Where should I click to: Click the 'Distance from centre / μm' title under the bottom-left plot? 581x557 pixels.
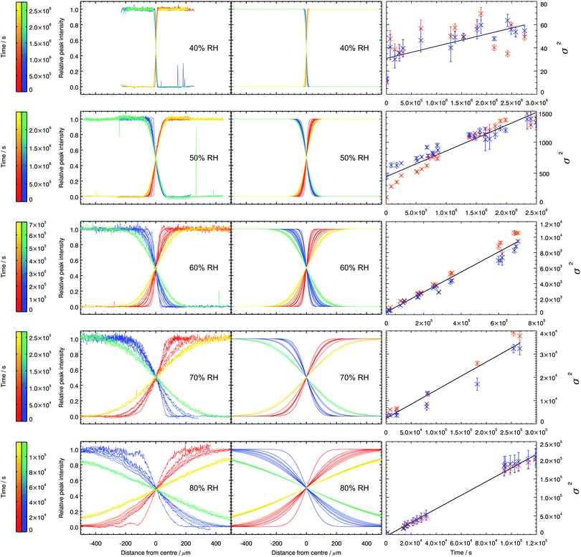coord(156,551)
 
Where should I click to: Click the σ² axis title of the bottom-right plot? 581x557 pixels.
coord(572,488)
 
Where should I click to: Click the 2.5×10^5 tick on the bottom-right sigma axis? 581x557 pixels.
coord(552,445)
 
